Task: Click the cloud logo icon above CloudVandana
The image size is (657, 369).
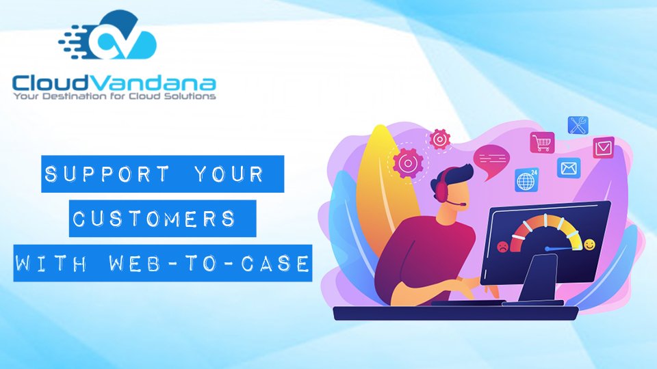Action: tap(108, 36)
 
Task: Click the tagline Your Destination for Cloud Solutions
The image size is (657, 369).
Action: tap(114, 96)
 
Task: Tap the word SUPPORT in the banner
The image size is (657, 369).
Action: tap(107, 174)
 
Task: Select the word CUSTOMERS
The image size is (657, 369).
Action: tap(154, 219)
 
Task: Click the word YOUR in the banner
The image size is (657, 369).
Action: tap(229, 174)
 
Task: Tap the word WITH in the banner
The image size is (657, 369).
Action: tap(51, 263)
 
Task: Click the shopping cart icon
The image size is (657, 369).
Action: tap(542, 143)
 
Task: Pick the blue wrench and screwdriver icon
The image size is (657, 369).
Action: tap(578, 126)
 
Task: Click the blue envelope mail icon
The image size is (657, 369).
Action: tap(569, 168)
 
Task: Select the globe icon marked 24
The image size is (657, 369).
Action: tap(527, 180)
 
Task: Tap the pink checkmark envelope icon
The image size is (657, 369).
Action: tap(604, 148)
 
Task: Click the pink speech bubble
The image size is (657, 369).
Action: tap(491, 161)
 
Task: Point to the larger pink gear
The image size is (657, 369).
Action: tap(407, 163)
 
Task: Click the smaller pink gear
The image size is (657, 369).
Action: tap(439, 139)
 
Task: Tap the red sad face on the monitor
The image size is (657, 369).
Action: tap(502, 247)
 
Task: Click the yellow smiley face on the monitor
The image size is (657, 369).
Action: tap(589, 245)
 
